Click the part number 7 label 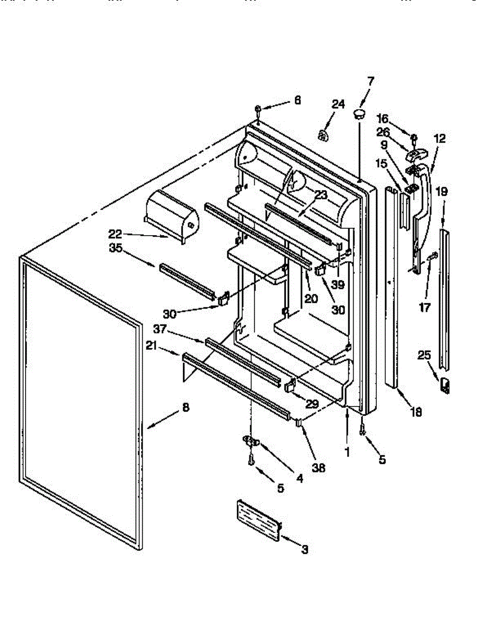[371, 82]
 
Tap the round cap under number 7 [358, 113]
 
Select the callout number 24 [338, 104]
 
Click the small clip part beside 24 [323, 135]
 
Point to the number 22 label [116, 233]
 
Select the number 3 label [304, 549]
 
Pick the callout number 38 [318, 468]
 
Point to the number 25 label [424, 356]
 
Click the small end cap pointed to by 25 [445, 386]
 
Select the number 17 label [425, 308]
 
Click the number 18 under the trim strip [416, 412]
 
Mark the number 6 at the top [297, 100]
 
